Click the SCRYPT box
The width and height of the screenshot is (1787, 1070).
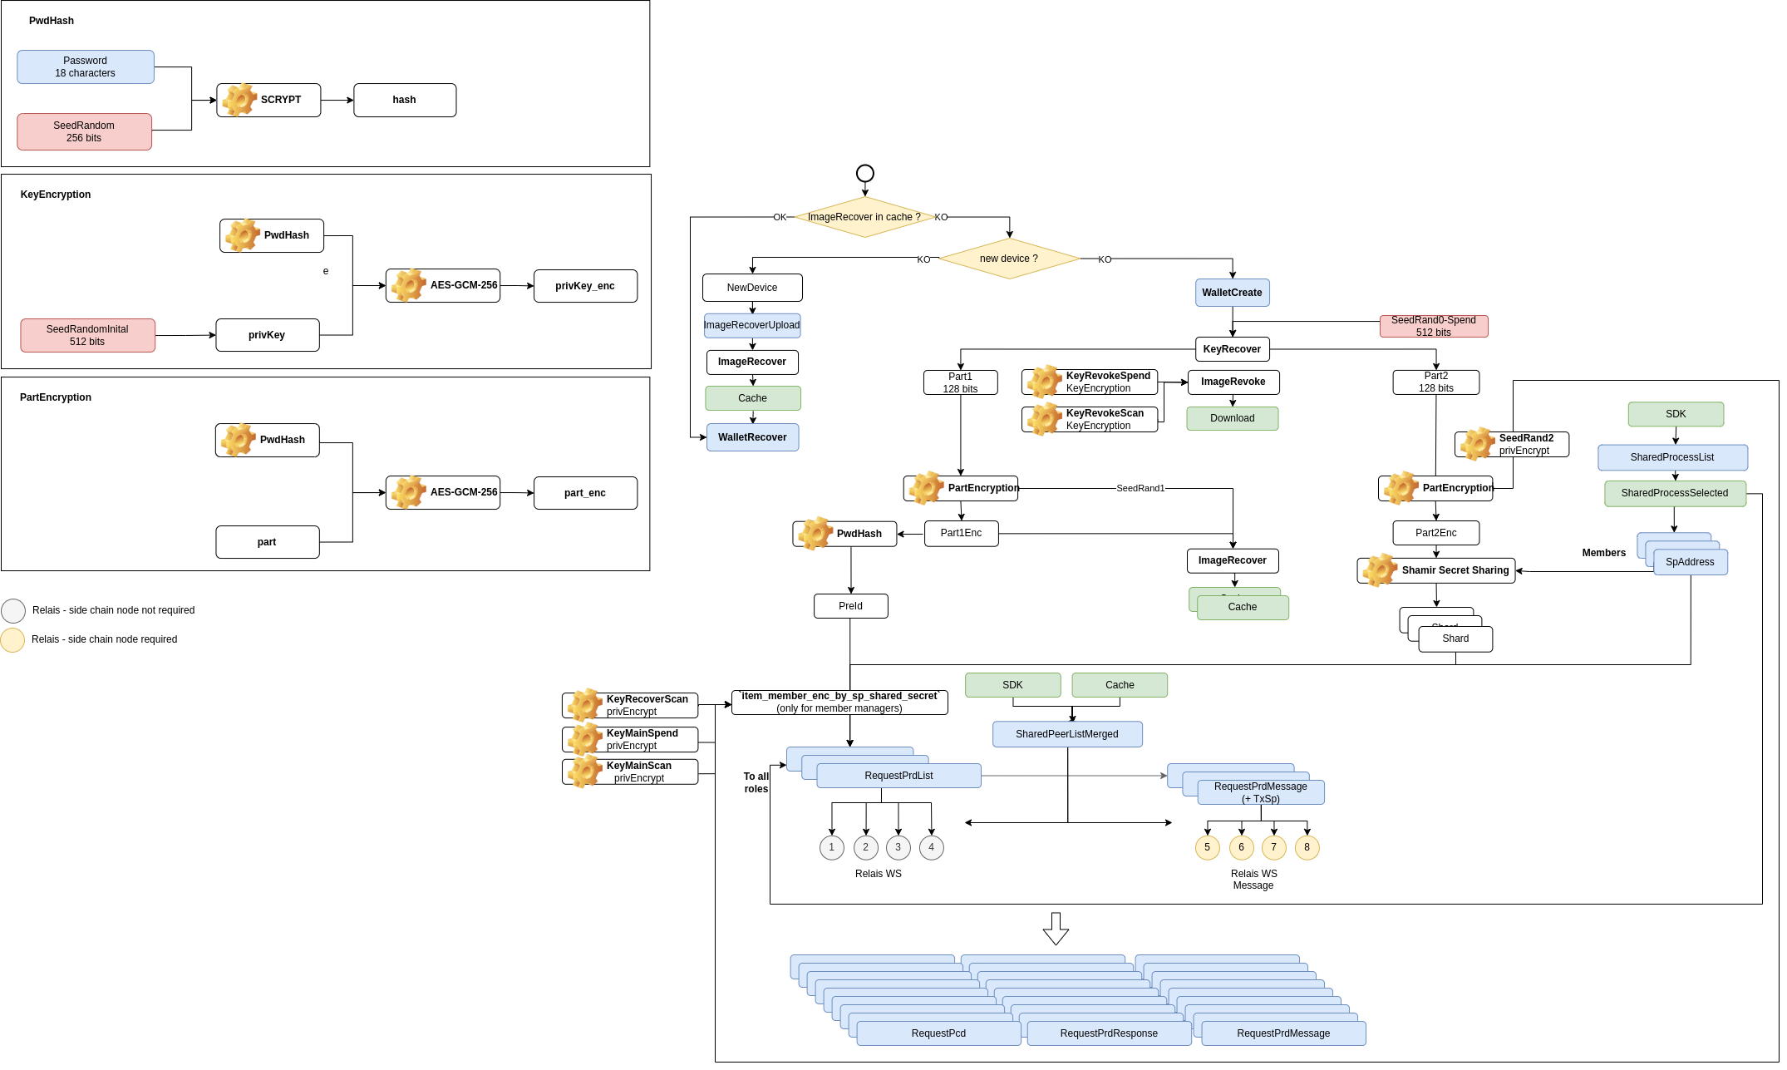pyautogui.click(x=268, y=100)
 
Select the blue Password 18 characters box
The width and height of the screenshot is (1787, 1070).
pyautogui.click(x=86, y=67)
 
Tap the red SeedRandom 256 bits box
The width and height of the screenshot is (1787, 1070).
pyautogui.click(x=84, y=131)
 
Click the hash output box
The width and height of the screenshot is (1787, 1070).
pyautogui.click(x=405, y=100)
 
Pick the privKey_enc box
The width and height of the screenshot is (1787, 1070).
pyautogui.click(x=585, y=286)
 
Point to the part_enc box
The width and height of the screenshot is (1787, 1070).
pyautogui.click(x=585, y=493)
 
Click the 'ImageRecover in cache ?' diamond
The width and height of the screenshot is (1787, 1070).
pyautogui.click(x=864, y=217)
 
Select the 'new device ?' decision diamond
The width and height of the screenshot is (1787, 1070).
pyautogui.click(x=1009, y=259)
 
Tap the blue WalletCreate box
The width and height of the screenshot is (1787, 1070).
pyautogui.click(x=1232, y=293)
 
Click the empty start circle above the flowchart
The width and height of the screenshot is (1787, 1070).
pyautogui.click(x=865, y=173)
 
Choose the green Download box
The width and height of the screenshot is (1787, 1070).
pyautogui.click(x=1233, y=418)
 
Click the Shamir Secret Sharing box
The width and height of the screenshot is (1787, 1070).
pyautogui.click(x=1436, y=570)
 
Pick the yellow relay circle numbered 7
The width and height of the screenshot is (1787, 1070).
pyautogui.click(x=1273, y=847)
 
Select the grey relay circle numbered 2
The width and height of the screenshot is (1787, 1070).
pyautogui.click(x=865, y=847)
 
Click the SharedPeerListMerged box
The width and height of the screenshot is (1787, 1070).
pyautogui.click(x=1067, y=734)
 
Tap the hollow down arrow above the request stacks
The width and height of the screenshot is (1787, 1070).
pyautogui.click(x=1056, y=929)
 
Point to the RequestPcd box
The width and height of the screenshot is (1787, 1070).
pyautogui.click(x=938, y=1033)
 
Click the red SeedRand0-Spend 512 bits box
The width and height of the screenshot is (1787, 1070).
pyautogui.click(x=1434, y=326)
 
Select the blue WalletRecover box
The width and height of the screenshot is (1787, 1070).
pyautogui.click(x=752, y=437)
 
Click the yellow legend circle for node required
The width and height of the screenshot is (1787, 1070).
pyautogui.click(x=12, y=640)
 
